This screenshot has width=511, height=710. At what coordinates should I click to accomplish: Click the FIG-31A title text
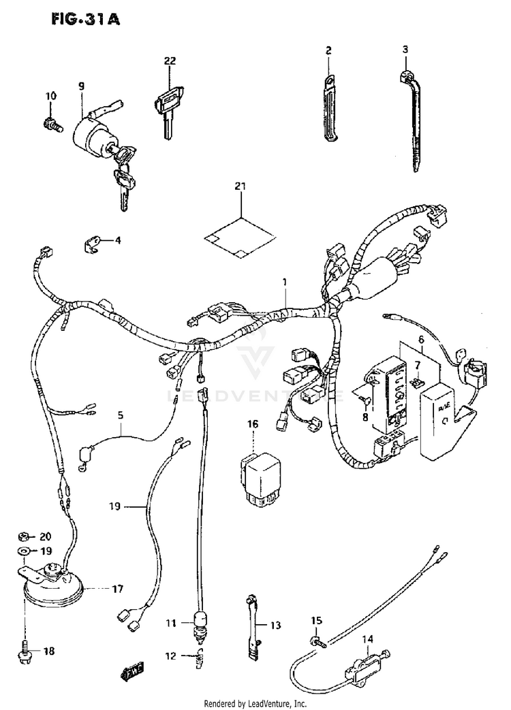coord(84,20)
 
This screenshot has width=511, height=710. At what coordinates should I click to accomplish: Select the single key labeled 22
coord(166,109)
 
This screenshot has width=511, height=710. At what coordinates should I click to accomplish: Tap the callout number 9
coord(81,86)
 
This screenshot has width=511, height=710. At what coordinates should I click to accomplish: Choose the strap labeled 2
coord(329,109)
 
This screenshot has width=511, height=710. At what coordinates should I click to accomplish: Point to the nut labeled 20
coord(22,536)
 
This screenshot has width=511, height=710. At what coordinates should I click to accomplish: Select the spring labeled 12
coord(200,656)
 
